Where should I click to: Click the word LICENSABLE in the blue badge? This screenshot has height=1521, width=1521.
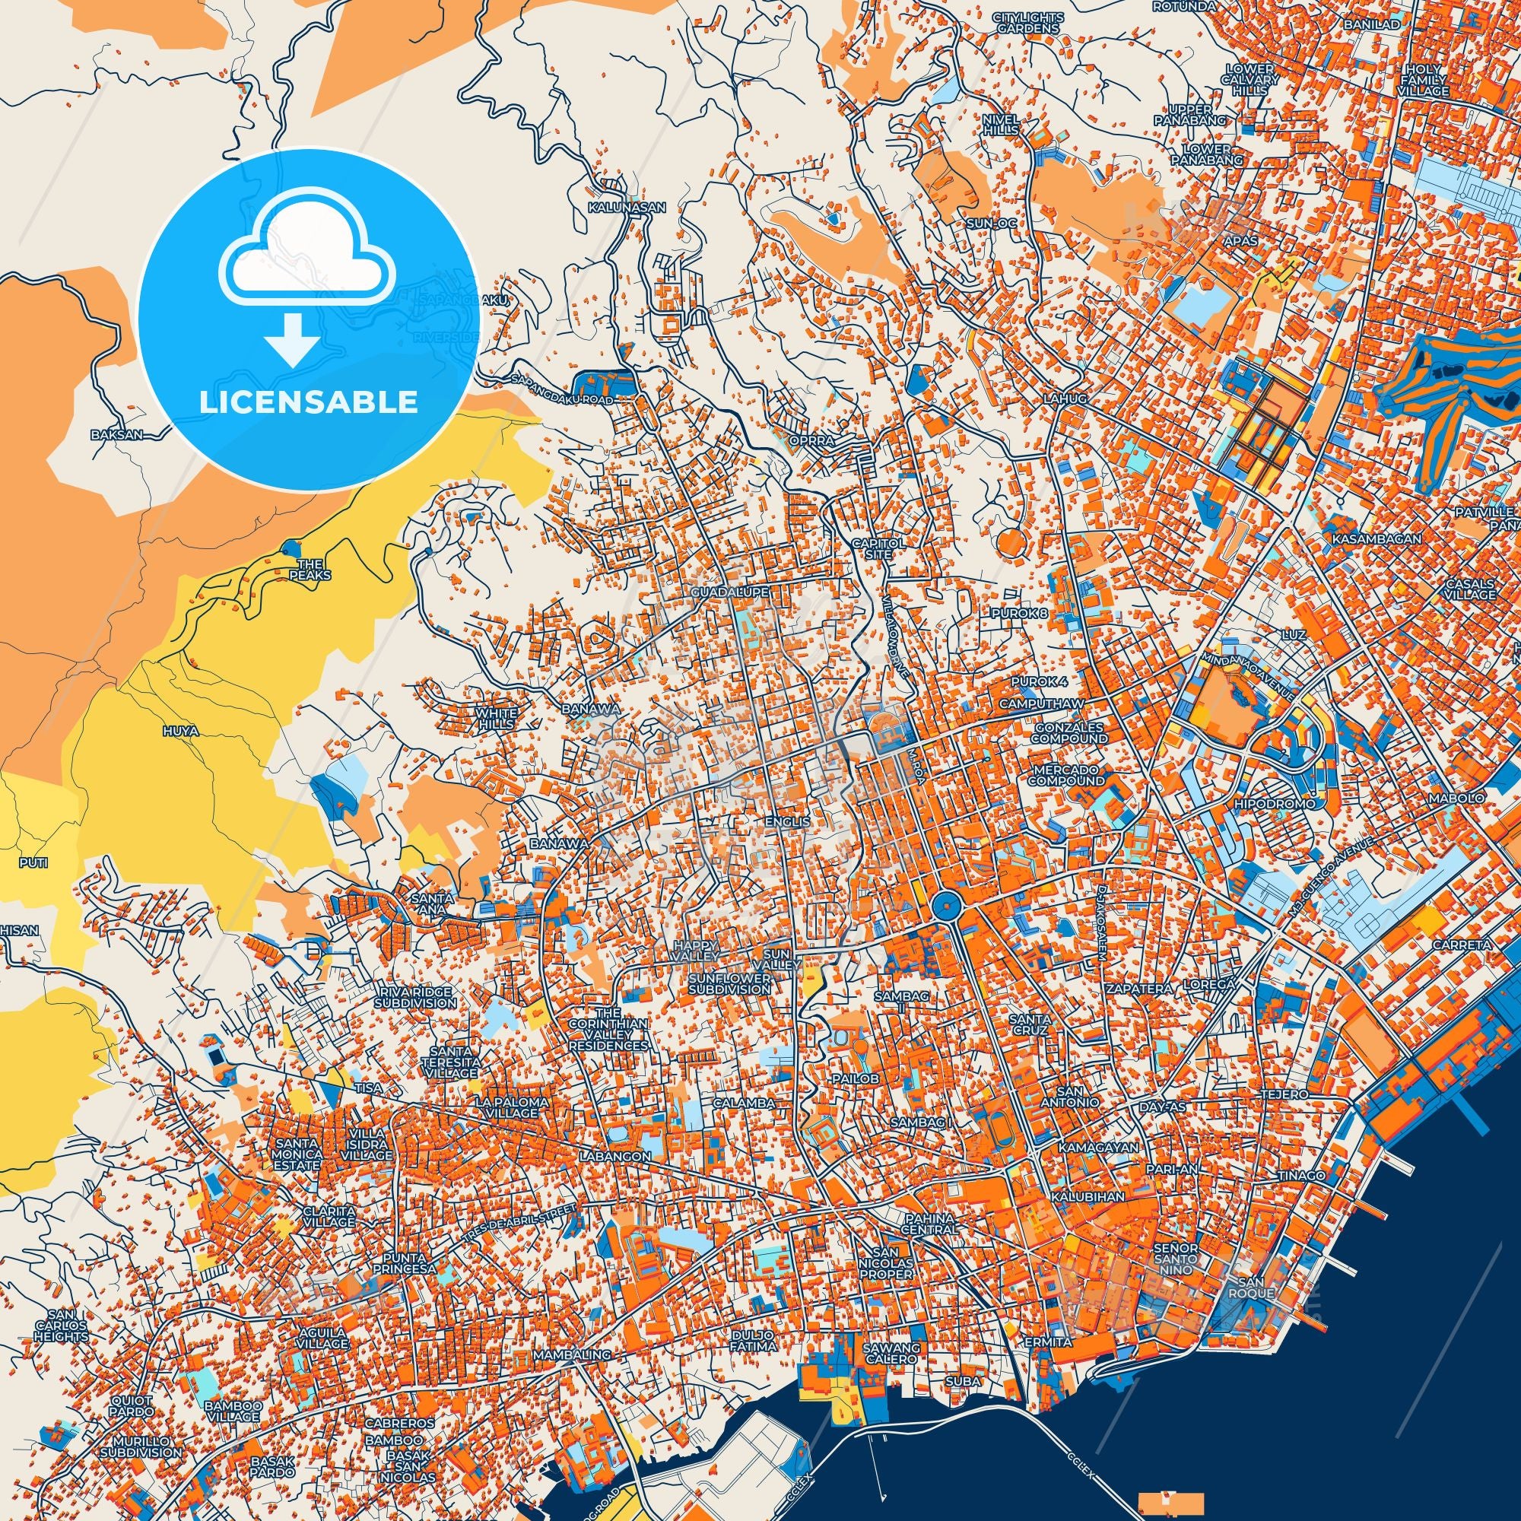[x=308, y=402]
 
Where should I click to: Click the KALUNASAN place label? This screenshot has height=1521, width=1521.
[x=627, y=208]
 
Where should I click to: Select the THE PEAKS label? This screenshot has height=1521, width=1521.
[x=315, y=569]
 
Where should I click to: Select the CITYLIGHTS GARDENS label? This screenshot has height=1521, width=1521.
[x=1027, y=22]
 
